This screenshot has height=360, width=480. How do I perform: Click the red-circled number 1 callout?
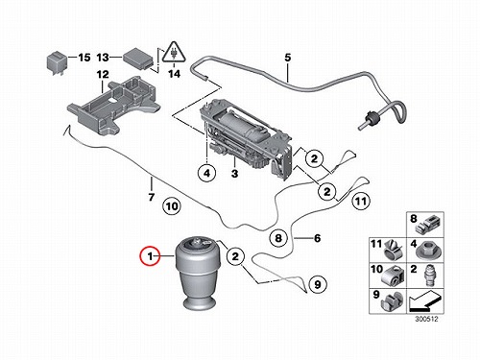pyautogui.click(x=150, y=256)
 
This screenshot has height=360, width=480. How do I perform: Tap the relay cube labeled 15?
pyautogui.click(x=57, y=64)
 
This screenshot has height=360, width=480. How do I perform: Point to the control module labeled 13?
pyautogui.click(x=138, y=59)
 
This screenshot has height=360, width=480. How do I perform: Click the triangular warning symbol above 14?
pyautogui.click(x=174, y=53)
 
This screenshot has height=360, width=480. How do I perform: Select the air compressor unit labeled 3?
pyautogui.click(x=246, y=138)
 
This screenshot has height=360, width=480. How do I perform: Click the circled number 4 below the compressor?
pyautogui.click(x=207, y=173)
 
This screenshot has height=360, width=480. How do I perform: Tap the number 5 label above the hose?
pyautogui.click(x=288, y=58)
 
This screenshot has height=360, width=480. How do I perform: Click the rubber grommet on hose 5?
pyautogui.click(x=371, y=118)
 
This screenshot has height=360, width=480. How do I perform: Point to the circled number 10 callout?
pyautogui.click(x=172, y=205)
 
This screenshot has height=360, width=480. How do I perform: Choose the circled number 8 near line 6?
pyautogui.click(x=278, y=238)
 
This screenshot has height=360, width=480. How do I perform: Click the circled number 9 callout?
pyautogui.click(x=318, y=284)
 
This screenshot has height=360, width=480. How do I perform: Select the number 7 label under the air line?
pyautogui.click(x=152, y=197)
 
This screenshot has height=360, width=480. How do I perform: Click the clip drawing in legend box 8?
pyautogui.click(x=428, y=225)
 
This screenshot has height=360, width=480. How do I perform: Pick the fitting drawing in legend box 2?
pyautogui.click(x=428, y=276)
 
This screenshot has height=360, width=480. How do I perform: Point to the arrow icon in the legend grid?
pyautogui.click(x=425, y=301)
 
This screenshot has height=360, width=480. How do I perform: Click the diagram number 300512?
pyautogui.click(x=426, y=319)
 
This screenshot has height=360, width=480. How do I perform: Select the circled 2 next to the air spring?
pyautogui.click(x=235, y=256)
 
